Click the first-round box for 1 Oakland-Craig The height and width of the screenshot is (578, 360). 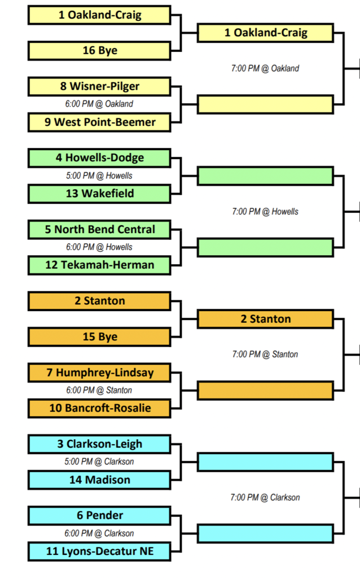(x=99, y=15)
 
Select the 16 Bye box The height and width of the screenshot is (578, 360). (x=99, y=51)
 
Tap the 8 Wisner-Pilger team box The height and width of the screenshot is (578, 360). (x=99, y=86)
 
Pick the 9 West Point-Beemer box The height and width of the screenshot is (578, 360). (x=99, y=122)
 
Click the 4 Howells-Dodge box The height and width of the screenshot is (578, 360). (x=99, y=158)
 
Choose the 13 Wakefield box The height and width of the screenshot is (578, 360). (x=99, y=194)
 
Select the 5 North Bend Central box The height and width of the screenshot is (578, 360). (x=99, y=230)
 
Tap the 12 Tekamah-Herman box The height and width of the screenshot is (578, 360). (x=99, y=265)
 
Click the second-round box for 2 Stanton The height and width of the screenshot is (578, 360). (x=265, y=319)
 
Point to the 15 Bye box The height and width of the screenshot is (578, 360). (x=99, y=337)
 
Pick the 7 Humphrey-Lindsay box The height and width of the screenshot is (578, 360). (x=99, y=373)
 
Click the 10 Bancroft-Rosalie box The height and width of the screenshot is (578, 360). (x=99, y=408)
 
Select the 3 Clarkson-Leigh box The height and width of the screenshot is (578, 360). (x=99, y=444)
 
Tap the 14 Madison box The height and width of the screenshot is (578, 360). (x=99, y=480)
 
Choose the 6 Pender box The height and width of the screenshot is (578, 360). (x=99, y=515)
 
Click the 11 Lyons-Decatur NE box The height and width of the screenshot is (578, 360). (x=99, y=551)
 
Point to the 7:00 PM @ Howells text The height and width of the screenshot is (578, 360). (x=265, y=212)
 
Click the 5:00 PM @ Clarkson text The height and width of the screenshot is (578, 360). (x=99, y=462)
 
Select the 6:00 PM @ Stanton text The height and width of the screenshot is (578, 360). (x=99, y=390)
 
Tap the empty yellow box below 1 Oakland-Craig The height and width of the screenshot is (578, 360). (x=265, y=104)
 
